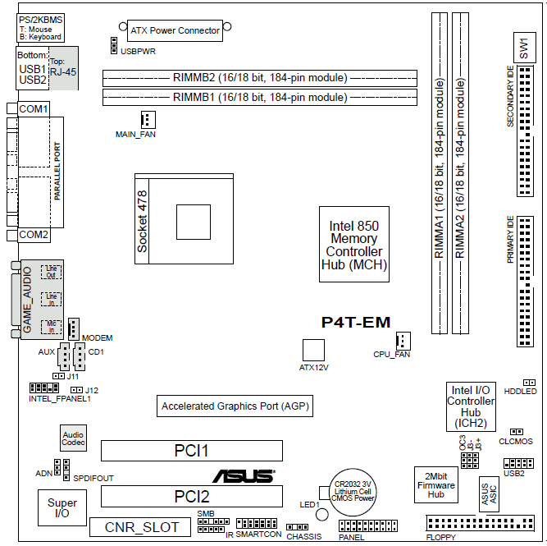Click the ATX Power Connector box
point(175,31)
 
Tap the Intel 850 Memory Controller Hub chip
point(353,244)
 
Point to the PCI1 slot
point(191,450)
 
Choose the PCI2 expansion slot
point(191,496)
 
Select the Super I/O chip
point(62,508)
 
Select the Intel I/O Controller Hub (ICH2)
point(470,406)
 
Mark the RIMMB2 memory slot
point(259,78)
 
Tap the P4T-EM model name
point(356,323)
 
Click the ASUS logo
point(244,475)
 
